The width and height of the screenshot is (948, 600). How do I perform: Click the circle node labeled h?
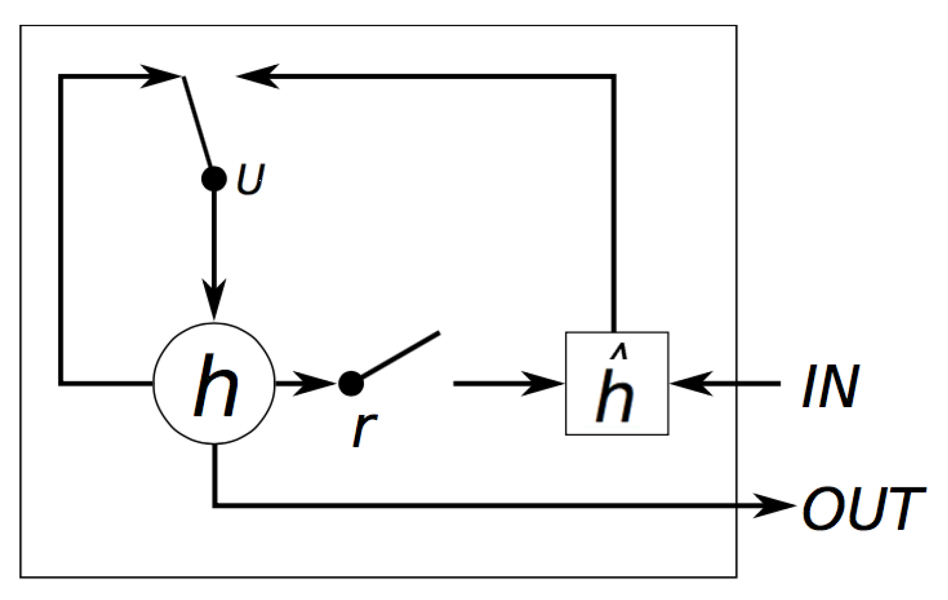(214, 383)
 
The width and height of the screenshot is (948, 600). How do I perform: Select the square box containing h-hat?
(617, 383)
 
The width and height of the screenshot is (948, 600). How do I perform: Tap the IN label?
(830, 386)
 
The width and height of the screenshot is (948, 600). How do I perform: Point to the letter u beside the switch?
(251, 180)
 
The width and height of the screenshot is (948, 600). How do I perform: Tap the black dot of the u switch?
(214, 178)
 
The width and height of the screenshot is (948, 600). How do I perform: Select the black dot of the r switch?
(351, 383)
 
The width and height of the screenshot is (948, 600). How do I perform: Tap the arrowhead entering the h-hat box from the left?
(542, 383)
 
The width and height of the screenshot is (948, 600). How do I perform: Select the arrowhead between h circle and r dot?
(312, 383)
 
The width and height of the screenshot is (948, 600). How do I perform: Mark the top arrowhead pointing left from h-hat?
(258, 76)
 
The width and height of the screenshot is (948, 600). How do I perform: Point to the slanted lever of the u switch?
(197, 121)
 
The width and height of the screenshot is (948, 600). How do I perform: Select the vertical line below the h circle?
(215, 475)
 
